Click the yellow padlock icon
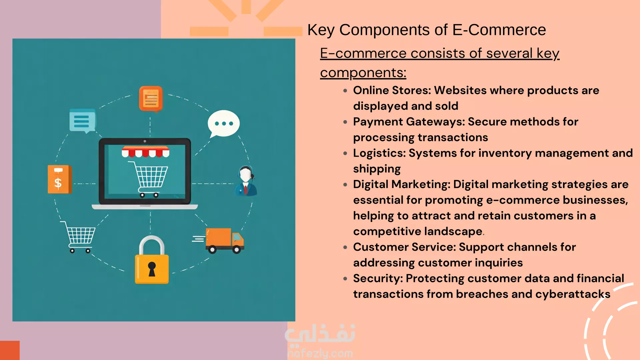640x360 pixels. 152,260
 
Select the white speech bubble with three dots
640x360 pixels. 223,124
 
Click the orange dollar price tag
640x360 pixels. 60,179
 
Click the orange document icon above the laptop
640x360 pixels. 151,99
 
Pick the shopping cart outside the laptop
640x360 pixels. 79,237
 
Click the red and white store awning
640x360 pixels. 145,152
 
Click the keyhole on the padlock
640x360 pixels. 152,269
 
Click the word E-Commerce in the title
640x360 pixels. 499,30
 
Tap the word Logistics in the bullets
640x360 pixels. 378,153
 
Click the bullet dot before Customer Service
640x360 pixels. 345,247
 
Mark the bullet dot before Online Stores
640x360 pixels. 345,91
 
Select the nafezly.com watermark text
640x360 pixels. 320,353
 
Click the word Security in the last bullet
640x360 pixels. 378,278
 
